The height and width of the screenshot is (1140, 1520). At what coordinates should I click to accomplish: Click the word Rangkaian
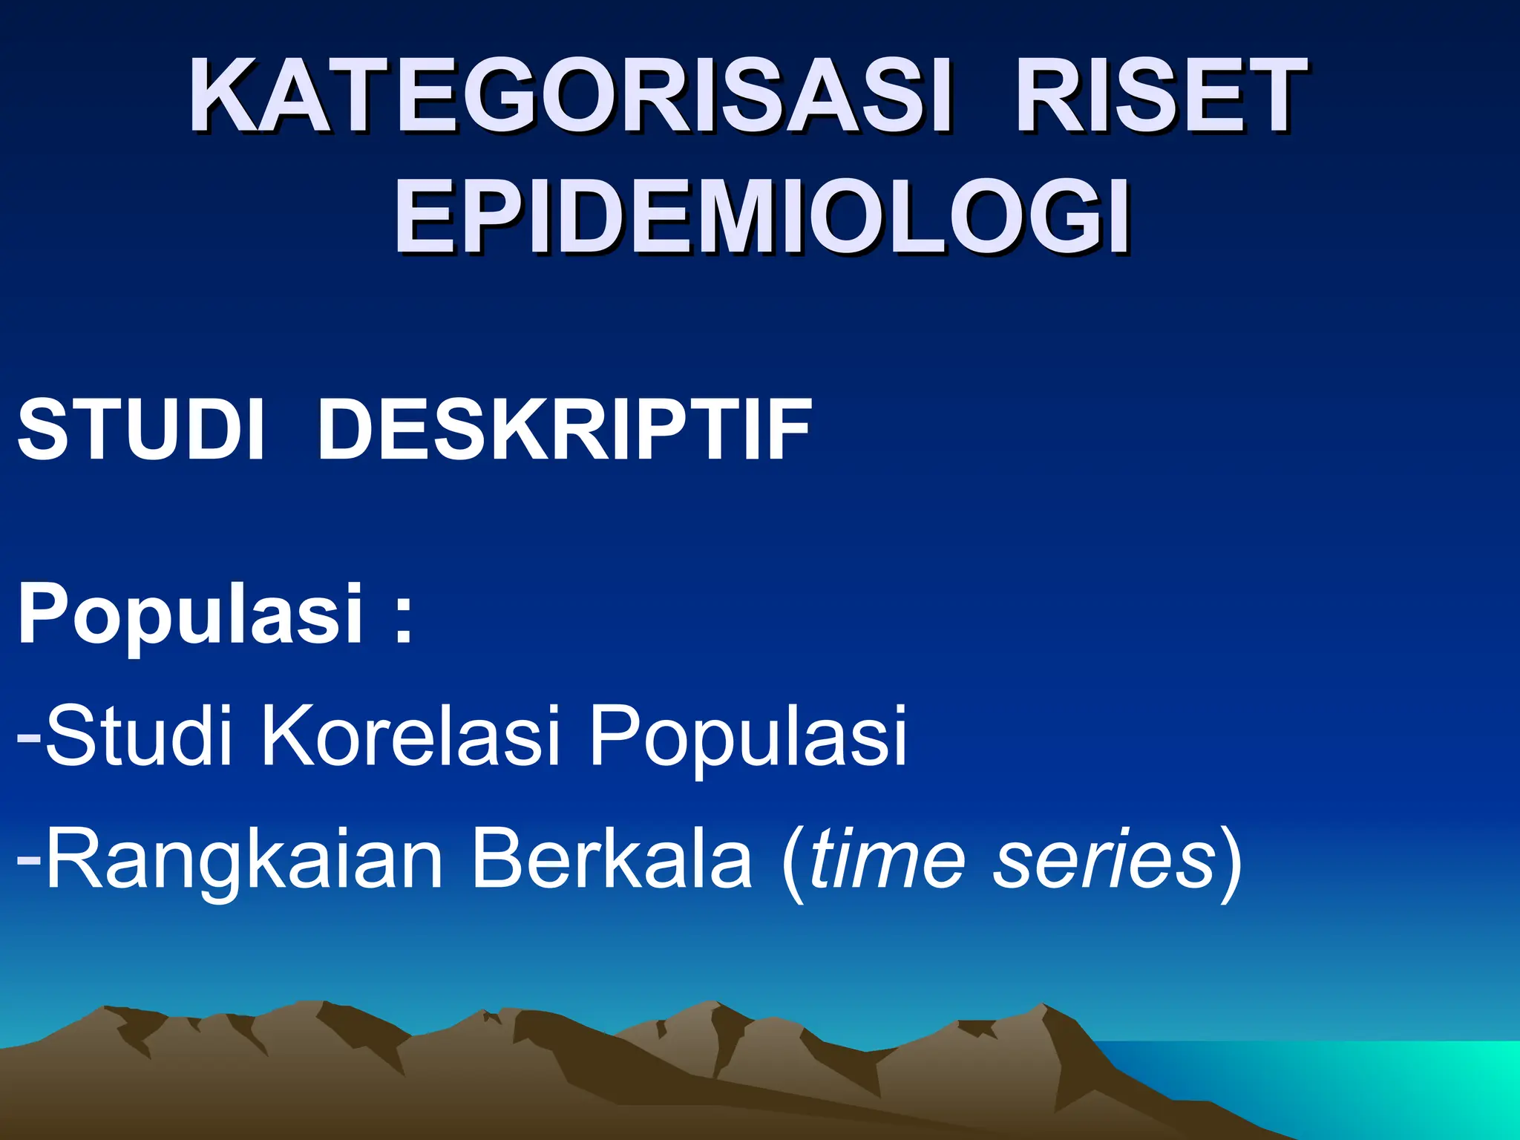coord(243,861)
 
